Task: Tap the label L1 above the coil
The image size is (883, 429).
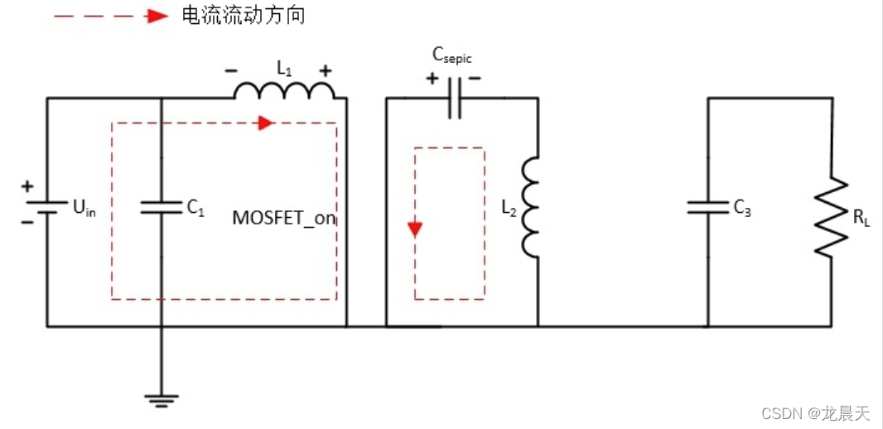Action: tap(284, 70)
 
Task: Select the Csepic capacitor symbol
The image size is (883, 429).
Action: tap(453, 99)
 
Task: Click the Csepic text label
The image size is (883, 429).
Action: tap(452, 56)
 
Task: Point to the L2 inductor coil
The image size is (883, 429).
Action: tap(530, 207)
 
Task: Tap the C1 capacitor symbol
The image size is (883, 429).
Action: tap(161, 207)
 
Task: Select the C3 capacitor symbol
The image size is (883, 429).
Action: tap(708, 207)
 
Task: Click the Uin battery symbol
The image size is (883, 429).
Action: tap(46, 207)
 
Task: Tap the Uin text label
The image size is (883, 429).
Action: tap(84, 209)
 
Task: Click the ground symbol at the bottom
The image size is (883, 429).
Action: tap(161, 400)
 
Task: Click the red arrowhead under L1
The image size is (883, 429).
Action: tap(265, 123)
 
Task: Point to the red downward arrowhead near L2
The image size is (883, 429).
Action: tap(415, 228)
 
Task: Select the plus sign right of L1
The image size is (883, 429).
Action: tap(326, 70)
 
